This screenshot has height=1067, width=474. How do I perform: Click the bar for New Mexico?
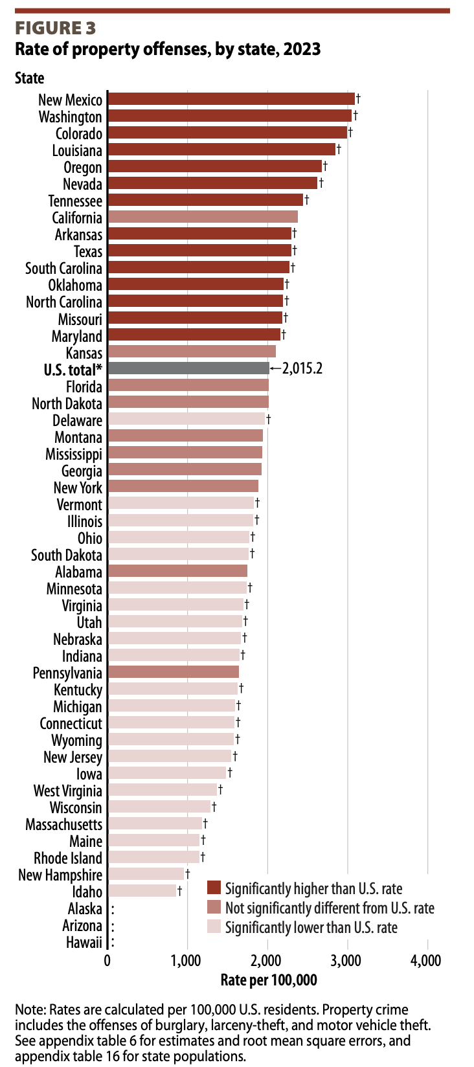pos(231,99)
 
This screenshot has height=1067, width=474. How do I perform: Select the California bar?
pos(203,217)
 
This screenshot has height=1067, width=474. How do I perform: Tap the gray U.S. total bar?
pos(188,368)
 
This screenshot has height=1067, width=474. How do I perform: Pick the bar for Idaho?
pos(142,892)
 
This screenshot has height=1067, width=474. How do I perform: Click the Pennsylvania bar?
pos(173,673)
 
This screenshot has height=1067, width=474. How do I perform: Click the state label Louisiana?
pos(77,150)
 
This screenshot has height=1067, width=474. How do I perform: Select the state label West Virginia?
pos(68,791)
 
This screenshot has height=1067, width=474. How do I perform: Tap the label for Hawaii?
pos(84,942)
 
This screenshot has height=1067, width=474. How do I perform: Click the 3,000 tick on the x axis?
pos(347,960)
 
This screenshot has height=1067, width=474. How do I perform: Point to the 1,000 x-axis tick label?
pos(188,960)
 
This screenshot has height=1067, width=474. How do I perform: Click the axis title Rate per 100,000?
pos(269,980)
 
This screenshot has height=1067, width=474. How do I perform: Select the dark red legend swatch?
pos(214,888)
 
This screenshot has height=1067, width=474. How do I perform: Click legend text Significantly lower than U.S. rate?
pos(311,928)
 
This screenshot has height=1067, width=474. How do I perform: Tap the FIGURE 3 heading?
pos(56,28)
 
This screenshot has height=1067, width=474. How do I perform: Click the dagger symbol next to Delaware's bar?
pos(268,420)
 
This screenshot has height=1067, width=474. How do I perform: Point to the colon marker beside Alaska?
pos(113,909)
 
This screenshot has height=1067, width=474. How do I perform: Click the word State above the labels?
pos(30,78)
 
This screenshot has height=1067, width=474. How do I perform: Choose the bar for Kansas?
pos(192,352)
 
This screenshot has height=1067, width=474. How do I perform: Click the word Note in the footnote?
pos(28,1010)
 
